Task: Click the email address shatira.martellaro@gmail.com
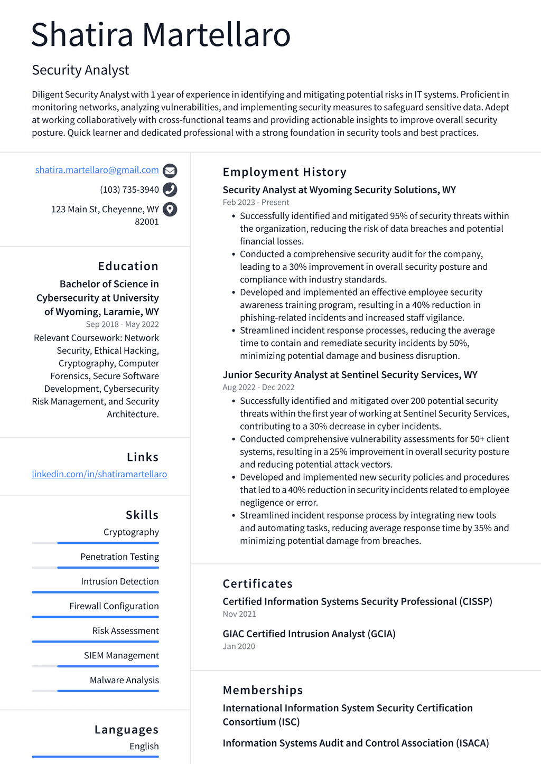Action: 97,170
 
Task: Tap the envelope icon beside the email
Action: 170,171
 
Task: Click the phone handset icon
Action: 170,190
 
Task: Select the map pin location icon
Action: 170,210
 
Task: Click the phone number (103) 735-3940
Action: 129,190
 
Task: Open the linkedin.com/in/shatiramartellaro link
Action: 99,474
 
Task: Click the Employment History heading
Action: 284,172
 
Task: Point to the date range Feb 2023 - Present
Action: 256,202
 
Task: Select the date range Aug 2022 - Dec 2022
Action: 258,387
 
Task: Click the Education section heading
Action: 128,266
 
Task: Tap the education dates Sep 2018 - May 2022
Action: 122,324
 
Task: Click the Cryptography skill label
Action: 131,532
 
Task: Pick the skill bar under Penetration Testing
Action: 95,568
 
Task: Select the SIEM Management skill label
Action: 121,655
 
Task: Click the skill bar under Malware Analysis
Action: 95,691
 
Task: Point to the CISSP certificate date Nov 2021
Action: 239,614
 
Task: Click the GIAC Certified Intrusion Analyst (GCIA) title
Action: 309,634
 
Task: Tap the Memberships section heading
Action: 263,690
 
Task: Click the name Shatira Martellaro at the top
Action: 161,35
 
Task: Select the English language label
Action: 144,746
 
